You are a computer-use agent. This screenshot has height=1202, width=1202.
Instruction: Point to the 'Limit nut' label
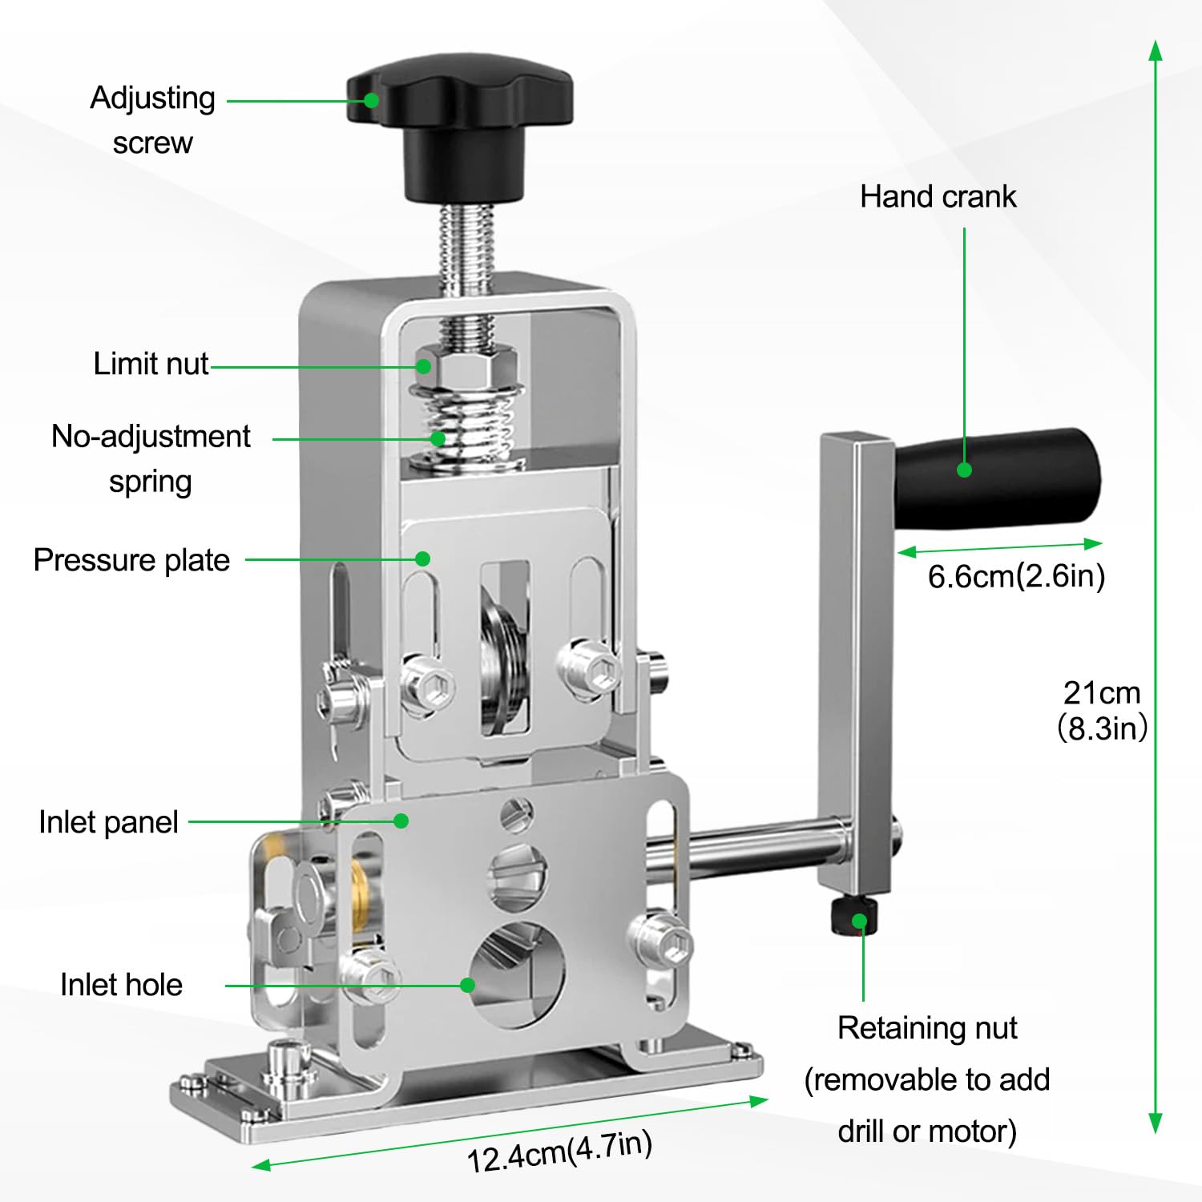(151, 364)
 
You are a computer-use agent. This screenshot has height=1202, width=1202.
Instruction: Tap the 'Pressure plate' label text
(131, 560)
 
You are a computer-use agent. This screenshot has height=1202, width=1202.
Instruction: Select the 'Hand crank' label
(938, 197)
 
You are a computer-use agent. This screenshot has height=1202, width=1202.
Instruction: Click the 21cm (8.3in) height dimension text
(1102, 710)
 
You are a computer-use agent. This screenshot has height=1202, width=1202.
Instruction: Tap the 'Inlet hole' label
(121, 985)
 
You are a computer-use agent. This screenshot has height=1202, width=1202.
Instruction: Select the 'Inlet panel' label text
(108, 822)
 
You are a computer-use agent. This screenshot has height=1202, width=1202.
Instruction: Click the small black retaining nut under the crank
(853, 918)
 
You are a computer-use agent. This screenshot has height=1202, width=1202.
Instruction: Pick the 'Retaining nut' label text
(927, 1028)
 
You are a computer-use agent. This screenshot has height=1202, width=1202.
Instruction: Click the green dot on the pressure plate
(423, 559)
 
